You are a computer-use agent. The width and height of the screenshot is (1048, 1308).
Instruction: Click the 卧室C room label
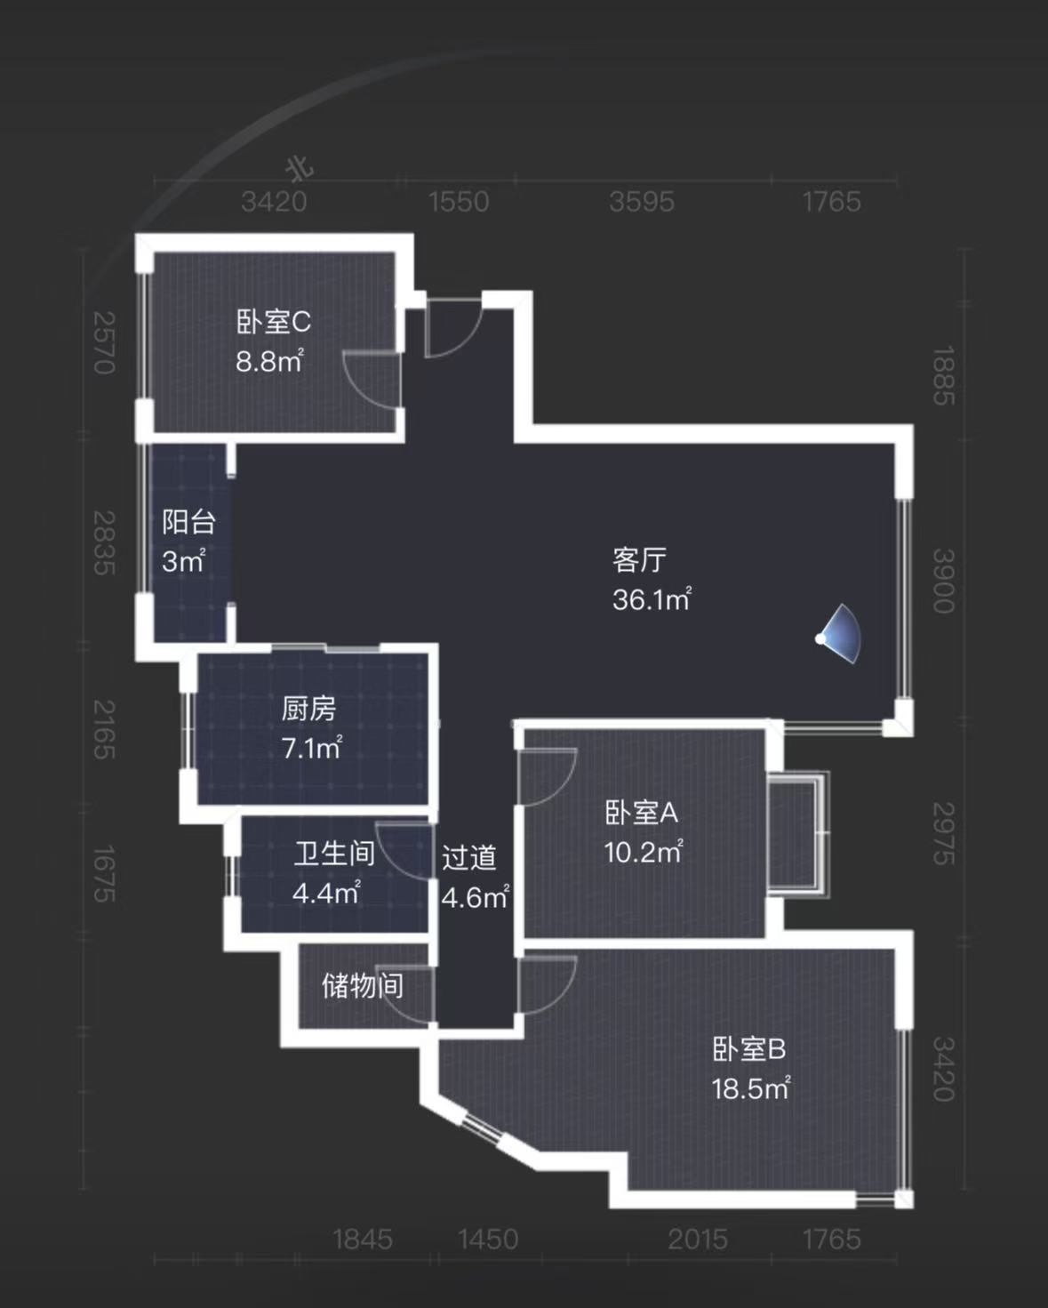[x=273, y=322]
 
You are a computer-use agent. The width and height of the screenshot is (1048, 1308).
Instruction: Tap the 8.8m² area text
[x=269, y=362]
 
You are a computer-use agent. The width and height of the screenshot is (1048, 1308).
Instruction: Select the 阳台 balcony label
[x=188, y=522]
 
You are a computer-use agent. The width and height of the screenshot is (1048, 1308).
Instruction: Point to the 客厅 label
[x=639, y=560]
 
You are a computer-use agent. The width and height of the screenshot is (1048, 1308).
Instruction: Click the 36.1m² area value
[x=652, y=600]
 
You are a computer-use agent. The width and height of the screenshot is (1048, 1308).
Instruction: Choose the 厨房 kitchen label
[x=308, y=709]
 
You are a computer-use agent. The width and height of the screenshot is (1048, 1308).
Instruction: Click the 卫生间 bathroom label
[x=334, y=854]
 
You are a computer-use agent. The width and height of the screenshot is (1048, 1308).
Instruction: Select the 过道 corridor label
[x=469, y=858]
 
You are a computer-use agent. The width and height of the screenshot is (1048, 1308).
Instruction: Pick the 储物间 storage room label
[x=362, y=985]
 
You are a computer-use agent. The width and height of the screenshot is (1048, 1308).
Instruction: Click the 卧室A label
[x=641, y=813]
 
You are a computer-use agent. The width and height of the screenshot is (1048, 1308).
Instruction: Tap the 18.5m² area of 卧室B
[x=751, y=1089]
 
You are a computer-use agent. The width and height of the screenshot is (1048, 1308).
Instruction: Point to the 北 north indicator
[x=300, y=167]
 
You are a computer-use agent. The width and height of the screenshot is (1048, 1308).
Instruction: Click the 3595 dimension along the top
[x=642, y=202]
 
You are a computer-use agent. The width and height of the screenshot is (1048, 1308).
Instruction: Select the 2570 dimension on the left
[x=105, y=342]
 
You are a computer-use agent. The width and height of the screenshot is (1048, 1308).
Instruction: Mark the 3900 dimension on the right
[x=943, y=581]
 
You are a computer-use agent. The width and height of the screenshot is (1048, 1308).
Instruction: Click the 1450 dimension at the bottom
[x=488, y=1239]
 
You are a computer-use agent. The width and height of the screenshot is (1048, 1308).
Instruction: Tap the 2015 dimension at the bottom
[x=698, y=1239]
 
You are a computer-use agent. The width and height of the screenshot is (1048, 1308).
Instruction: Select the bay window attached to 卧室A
[x=797, y=833]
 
